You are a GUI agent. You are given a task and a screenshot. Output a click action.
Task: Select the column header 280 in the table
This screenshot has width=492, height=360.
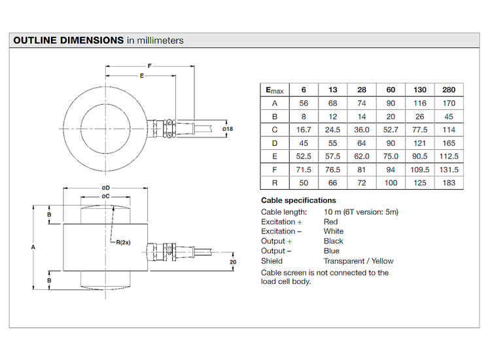pyautogui.click(x=448, y=90)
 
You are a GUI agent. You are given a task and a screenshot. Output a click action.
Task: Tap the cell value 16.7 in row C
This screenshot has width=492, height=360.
pyautogui.click(x=303, y=130)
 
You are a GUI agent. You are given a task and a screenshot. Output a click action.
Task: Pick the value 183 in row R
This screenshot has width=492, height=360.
pyautogui.click(x=448, y=182)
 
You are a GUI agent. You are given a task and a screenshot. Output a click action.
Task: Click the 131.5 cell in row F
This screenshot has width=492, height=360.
pyautogui.click(x=448, y=169)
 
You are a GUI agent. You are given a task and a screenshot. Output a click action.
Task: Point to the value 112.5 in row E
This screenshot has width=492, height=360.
pyautogui.click(x=448, y=156)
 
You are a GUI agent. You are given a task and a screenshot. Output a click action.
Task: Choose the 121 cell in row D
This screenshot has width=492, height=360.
pyautogui.click(x=419, y=143)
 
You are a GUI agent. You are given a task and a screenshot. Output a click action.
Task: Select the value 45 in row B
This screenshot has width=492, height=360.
pyautogui.click(x=448, y=116)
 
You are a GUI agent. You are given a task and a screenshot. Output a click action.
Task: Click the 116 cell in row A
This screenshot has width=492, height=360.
pyautogui.click(x=419, y=103)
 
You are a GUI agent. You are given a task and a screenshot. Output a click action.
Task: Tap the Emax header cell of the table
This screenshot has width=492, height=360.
pyautogui.click(x=274, y=90)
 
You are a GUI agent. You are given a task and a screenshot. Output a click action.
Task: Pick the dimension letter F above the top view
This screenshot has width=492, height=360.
pyautogui.click(x=150, y=67)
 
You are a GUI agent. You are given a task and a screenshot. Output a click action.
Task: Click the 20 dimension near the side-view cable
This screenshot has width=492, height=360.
pyautogui.click(x=233, y=262)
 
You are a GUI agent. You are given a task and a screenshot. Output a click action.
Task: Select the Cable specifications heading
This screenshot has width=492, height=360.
pyautogui.click(x=298, y=200)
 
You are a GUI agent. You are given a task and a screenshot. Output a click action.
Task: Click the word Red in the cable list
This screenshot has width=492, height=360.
pyautogui.click(x=330, y=222)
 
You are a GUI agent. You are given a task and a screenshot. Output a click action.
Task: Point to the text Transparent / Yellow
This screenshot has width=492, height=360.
pyautogui.click(x=359, y=261)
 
